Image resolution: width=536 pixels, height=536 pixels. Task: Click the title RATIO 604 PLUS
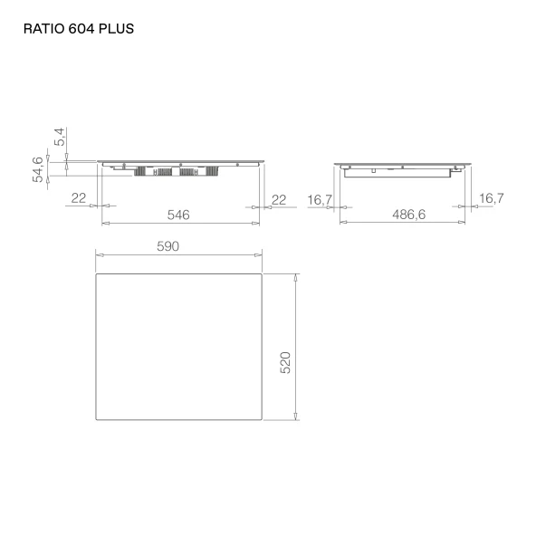point(79,29)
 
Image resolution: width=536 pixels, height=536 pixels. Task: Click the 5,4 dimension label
point(59,137)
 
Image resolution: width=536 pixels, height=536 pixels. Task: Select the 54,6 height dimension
point(38,169)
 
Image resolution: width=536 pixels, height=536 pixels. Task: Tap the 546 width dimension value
point(178,215)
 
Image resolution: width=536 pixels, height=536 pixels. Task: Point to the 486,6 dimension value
point(409,215)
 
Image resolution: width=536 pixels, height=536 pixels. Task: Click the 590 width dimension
point(167,246)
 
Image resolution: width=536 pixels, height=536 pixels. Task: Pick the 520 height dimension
point(285,362)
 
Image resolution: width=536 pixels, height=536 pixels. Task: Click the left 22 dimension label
point(79,198)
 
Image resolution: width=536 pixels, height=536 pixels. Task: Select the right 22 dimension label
point(279,199)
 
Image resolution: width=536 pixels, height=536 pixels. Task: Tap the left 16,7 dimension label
point(320,200)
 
